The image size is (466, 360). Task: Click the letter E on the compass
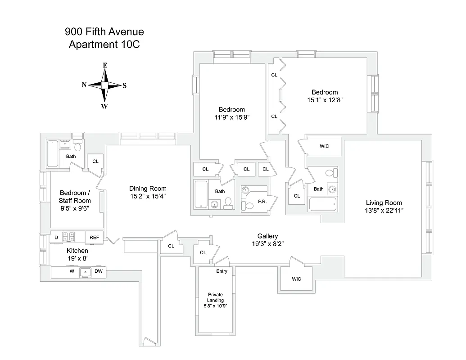105,65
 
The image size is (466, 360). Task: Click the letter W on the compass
104,106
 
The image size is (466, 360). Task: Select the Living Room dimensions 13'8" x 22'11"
384,210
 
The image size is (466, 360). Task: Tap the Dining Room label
148,189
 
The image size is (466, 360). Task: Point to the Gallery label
267,236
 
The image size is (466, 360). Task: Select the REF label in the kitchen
95,237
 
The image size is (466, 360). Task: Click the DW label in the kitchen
99,271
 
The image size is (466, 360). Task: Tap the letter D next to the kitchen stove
57,237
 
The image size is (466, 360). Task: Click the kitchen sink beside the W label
86,272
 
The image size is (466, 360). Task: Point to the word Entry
222,271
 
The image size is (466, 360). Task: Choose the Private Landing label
215,297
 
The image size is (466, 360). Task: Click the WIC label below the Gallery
296,279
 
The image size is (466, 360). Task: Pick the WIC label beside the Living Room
324,146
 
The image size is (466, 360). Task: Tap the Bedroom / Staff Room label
75,197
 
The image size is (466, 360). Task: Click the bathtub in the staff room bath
52,153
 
